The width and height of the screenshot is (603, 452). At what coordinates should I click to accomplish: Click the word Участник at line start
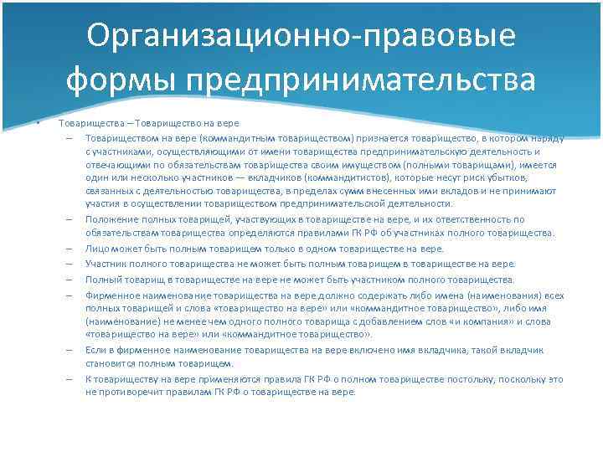[106, 264]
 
